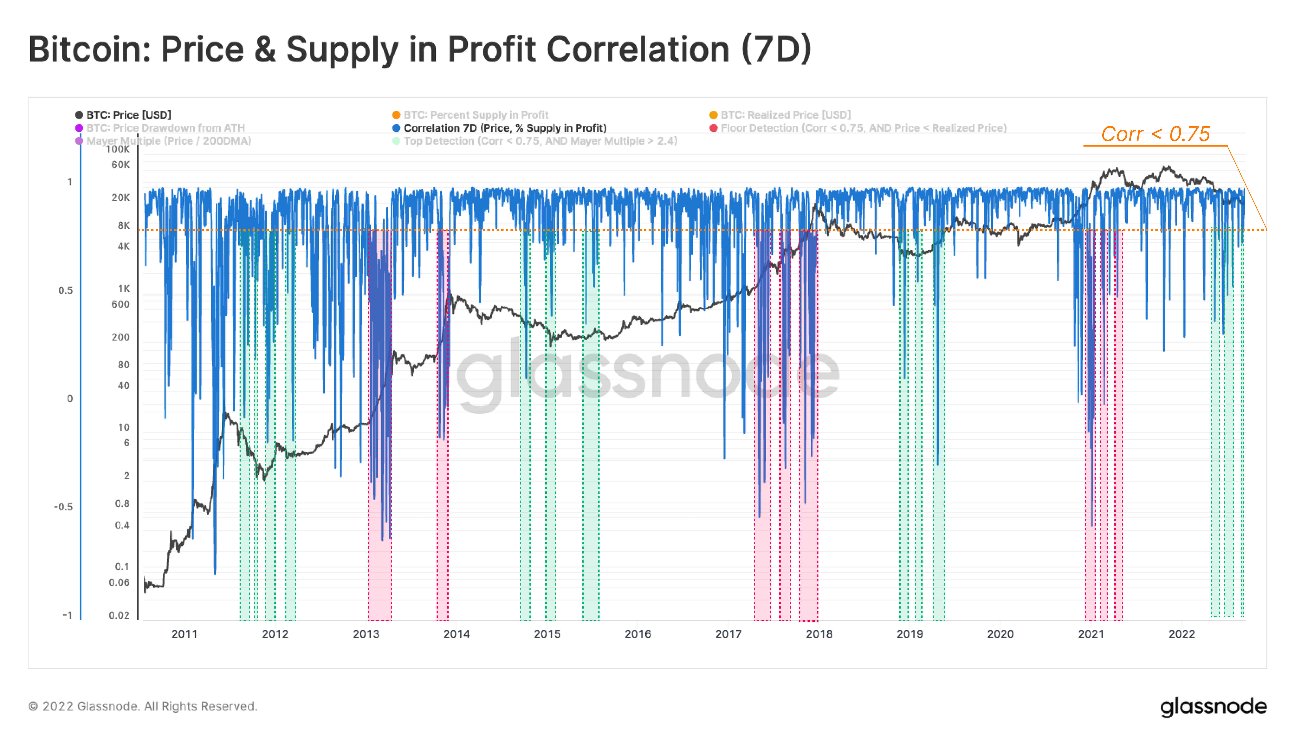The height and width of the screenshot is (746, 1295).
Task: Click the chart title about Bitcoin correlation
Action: click(420, 50)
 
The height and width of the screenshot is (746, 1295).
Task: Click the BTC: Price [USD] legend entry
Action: click(128, 115)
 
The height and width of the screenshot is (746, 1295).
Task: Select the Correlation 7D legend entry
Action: click(504, 128)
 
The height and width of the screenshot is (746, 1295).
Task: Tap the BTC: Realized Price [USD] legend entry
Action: click(785, 115)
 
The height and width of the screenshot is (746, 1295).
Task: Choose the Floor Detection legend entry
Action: click(863, 128)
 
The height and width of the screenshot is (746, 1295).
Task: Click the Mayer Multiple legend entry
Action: click(168, 141)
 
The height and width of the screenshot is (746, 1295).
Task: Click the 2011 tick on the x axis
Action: click(184, 634)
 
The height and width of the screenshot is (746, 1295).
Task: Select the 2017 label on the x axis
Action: click(728, 634)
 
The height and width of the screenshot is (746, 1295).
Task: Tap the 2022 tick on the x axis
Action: click(1181, 634)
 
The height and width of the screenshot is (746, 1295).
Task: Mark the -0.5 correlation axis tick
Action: click(63, 507)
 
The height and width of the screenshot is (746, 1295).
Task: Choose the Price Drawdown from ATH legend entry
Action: click(165, 128)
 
